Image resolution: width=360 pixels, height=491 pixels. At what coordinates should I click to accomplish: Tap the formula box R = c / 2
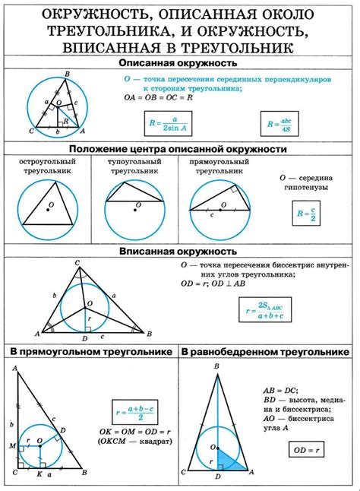coord(307,216)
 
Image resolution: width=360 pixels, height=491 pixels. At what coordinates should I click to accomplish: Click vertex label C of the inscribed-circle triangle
coord(77,263)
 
